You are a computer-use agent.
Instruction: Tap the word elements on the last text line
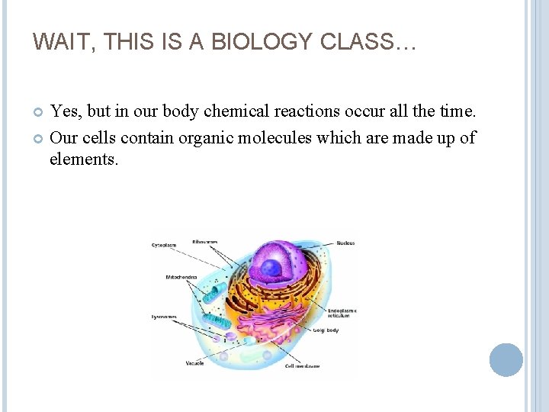click(x=84, y=160)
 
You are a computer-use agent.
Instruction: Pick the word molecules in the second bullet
click(x=281, y=138)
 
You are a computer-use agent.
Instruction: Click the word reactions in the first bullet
click(x=289, y=112)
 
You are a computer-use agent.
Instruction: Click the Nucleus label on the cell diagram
click(x=345, y=243)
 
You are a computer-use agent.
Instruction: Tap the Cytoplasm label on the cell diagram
click(x=164, y=245)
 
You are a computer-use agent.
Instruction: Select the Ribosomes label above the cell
click(x=205, y=242)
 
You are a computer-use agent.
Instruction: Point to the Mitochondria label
click(x=181, y=277)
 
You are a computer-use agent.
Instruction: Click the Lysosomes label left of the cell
click(x=164, y=316)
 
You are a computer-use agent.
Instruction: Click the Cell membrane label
click(x=303, y=366)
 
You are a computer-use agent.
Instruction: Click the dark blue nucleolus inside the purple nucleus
click(x=271, y=268)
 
